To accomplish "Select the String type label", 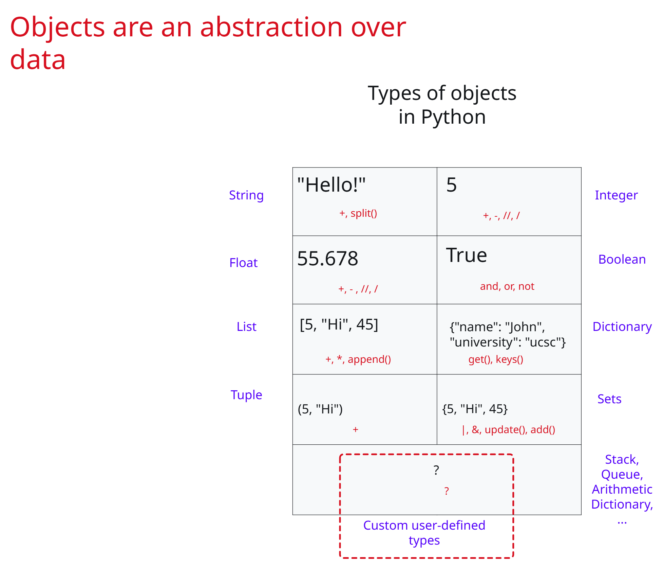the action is pyautogui.click(x=246, y=195).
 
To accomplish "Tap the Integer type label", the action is pyautogui.click(x=616, y=195).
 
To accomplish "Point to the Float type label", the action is pyautogui.click(x=243, y=263).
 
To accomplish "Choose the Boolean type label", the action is pyautogui.click(x=622, y=259).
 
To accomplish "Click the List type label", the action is pyautogui.click(x=246, y=326).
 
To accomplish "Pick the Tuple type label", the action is pyautogui.click(x=246, y=395).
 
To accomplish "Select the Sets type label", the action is pyautogui.click(x=609, y=399).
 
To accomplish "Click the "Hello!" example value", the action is pyautogui.click(x=331, y=185).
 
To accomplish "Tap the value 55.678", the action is pyautogui.click(x=327, y=259).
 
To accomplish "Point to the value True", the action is pyautogui.click(x=467, y=255).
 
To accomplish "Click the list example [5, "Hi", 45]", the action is pyautogui.click(x=339, y=324).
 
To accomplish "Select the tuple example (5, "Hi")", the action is pyautogui.click(x=320, y=409).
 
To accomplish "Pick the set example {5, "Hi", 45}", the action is pyautogui.click(x=475, y=409).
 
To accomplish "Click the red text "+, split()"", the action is pyautogui.click(x=358, y=213).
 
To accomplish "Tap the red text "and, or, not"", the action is pyautogui.click(x=507, y=286).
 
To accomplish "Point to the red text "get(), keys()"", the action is pyautogui.click(x=496, y=359).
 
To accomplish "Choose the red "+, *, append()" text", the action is pyautogui.click(x=358, y=359).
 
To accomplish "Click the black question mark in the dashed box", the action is pyautogui.click(x=436, y=470).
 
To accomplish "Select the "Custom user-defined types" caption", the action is pyautogui.click(x=424, y=533).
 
